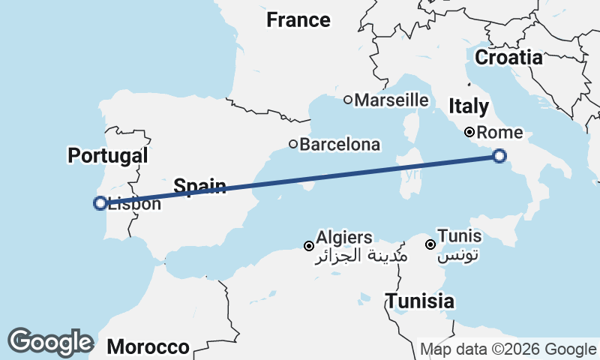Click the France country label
coord(298,20)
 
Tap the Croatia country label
coord(508,58)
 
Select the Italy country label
coord(469,106)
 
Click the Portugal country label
coord(107,156)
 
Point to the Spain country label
coord(200,185)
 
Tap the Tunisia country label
coord(420,301)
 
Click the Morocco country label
coord(148,346)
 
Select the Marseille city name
coord(391,100)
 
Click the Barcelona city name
coord(340,145)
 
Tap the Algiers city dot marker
coord(308,246)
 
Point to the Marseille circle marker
coord(348,100)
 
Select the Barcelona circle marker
coord(293,144)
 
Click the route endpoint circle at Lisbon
coord(100,202)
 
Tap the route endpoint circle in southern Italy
coord(499,156)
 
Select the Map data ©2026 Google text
coord(508,349)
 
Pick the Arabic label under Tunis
coord(457,256)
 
